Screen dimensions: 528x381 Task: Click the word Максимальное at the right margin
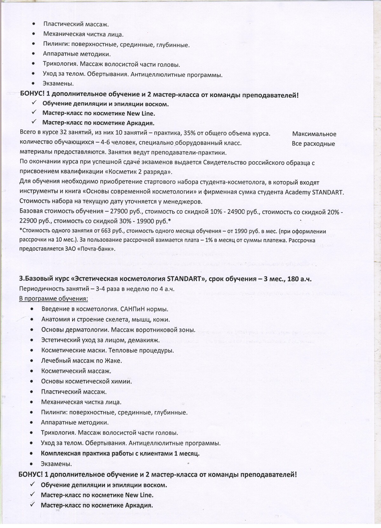314,134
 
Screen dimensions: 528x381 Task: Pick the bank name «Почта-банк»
96,249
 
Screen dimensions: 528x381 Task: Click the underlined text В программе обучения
54,298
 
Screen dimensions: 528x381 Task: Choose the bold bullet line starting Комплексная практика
120,453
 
